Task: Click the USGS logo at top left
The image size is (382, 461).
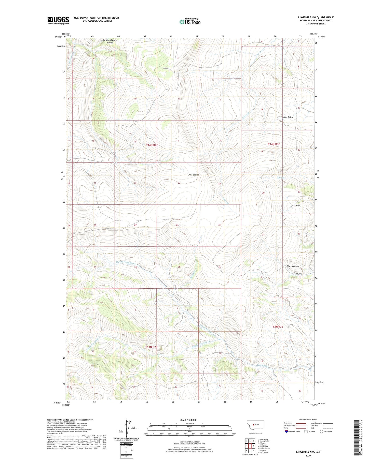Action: pyautogui.click(x=58, y=20)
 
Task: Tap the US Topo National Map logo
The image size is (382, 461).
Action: pyautogui.click(x=190, y=22)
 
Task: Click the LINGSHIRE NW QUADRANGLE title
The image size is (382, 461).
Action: pyautogui.click(x=316, y=17)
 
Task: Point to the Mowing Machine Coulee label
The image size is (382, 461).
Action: pyautogui.click(x=110, y=41)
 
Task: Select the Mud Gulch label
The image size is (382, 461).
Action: pyautogui.click(x=288, y=117)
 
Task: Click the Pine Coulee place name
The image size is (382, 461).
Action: pyautogui.click(x=194, y=175)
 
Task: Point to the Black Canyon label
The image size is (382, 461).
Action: pyautogui.click(x=292, y=266)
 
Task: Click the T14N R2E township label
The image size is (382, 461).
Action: pyautogui.click(x=152, y=145)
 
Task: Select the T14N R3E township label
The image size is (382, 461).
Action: pyautogui.click(x=274, y=144)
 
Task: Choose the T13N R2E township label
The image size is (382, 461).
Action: pyautogui.click(x=151, y=347)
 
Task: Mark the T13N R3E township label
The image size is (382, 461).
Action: pyautogui.click(x=277, y=327)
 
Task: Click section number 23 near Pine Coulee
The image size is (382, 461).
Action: pyautogui.click(x=179, y=183)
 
